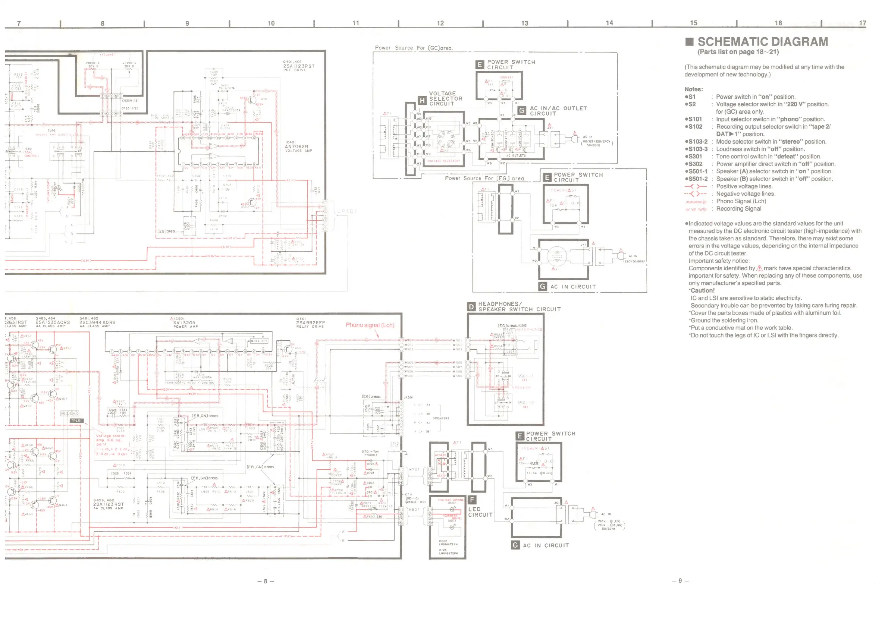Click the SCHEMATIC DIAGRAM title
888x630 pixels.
coord(762,42)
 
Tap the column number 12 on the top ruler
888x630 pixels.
coord(440,23)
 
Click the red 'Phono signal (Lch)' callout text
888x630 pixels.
coord(370,325)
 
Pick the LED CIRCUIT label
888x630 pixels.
coord(480,512)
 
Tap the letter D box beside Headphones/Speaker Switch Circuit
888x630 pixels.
coord(471,307)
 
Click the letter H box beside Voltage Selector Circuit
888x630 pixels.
coord(422,101)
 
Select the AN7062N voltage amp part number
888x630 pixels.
coord(296,147)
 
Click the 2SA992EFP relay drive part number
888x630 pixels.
coord(311,323)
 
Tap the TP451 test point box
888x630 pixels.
coord(76,420)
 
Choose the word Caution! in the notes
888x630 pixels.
coord(703,290)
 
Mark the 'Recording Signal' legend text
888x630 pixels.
coord(738,209)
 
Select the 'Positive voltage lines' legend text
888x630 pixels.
coord(744,187)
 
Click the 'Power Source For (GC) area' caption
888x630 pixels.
coord(414,48)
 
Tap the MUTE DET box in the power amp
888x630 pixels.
coord(258,341)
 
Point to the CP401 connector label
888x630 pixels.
coord(346,211)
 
